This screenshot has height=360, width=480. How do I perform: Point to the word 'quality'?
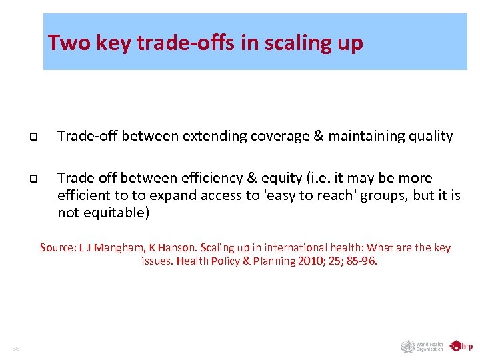pyautogui.click(x=431, y=137)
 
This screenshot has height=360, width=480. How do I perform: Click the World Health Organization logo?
pyautogui.click(x=422, y=347)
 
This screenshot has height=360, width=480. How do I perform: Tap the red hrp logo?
pyautogui.click(x=461, y=346)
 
